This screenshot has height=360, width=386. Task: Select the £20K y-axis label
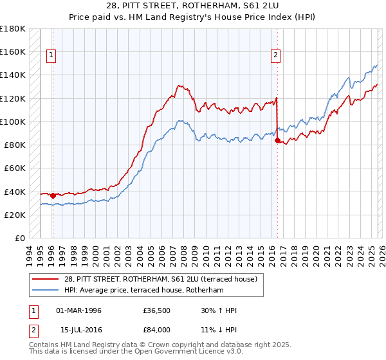[x=15, y=215]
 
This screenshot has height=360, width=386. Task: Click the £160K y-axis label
[x=13, y=51]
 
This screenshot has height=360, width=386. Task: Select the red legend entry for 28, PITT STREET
[x=161, y=279]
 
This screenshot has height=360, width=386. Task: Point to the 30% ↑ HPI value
[x=219, y=310]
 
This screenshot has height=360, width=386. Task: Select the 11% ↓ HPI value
[x=219, y=329]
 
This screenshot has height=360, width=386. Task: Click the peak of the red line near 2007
[x=179, y=84]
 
